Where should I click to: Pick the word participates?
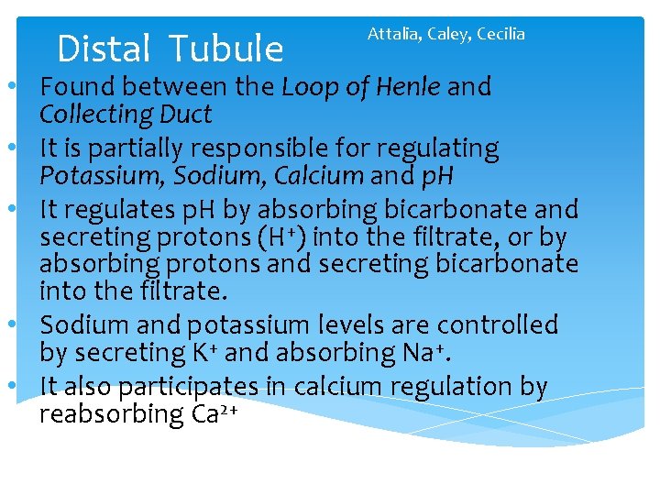coord(199,387)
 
